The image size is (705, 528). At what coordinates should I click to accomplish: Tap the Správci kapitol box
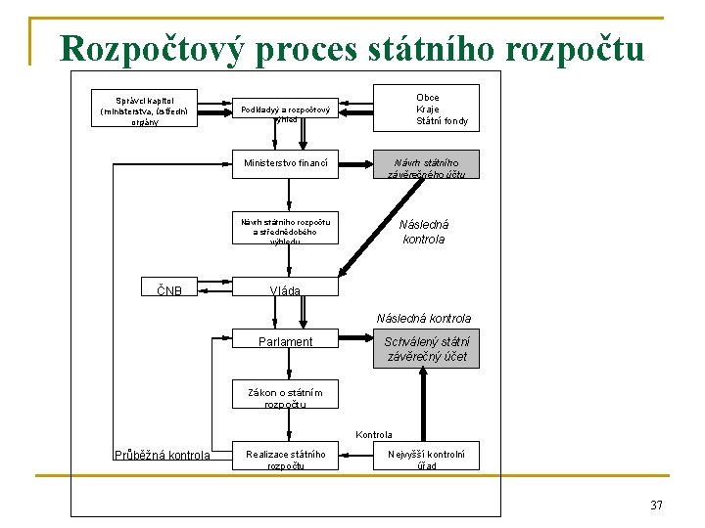click(x=144, y=110)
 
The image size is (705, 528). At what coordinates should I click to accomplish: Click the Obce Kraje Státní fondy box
click(x=427, y=109)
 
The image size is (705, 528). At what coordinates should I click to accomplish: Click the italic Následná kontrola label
click(x=423, y=232)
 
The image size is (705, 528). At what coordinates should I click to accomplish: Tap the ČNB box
click(x=169, y=289)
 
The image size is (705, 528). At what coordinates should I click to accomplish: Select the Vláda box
click(x=286, y=289)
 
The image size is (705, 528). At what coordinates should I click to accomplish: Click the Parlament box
click(x=286, y=341)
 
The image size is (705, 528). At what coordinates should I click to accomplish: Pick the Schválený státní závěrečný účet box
click(x=426, y=349)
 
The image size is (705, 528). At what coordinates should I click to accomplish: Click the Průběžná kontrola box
click(x=162, y=455)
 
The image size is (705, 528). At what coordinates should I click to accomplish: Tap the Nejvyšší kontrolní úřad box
click(x=426, y=459)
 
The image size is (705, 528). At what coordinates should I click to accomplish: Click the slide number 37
click(x=656, y=505)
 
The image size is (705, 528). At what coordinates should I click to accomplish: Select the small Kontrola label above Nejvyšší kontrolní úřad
click(x=374, y=434)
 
